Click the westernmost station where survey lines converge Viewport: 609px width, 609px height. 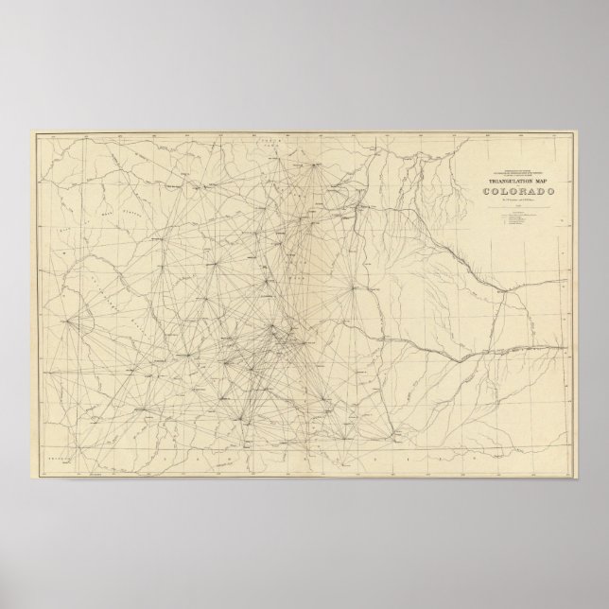pyautogui.click(x=69, y=320)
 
